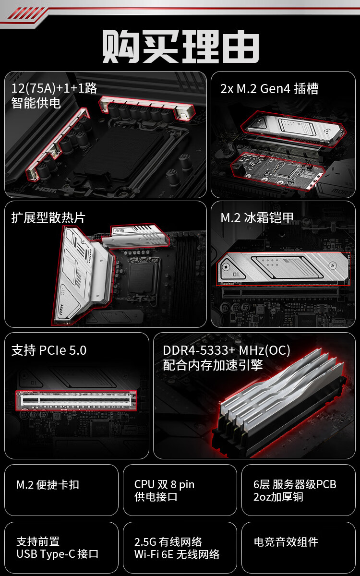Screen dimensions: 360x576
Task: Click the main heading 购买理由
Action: click(180, 46)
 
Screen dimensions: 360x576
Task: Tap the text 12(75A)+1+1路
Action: click(54, 88)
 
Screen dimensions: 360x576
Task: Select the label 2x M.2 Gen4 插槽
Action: click(269, 89)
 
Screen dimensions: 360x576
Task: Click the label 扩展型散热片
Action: click(48, 218)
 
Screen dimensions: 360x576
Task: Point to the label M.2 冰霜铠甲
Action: click(257, 218)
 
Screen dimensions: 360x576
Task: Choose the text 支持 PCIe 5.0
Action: click(49, 350)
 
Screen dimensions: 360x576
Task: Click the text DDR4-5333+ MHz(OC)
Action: click(227, 350)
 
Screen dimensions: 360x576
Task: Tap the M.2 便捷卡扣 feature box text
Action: click(48, 485)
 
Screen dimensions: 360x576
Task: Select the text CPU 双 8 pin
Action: click(164, 484)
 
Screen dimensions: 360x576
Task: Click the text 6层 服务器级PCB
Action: click(295, 484)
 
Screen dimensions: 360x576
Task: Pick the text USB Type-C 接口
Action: click(57, 554)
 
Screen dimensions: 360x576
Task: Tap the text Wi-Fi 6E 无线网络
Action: click(177, 554)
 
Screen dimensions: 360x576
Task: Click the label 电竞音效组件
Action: click(286, 542)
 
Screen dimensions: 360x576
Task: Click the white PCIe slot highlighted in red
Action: click(76, 400)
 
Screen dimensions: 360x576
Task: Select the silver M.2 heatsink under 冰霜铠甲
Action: click(283, 268)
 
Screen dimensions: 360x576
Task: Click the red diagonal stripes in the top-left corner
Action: click(26, 13)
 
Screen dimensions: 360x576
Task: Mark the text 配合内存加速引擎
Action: click(213, 365)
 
